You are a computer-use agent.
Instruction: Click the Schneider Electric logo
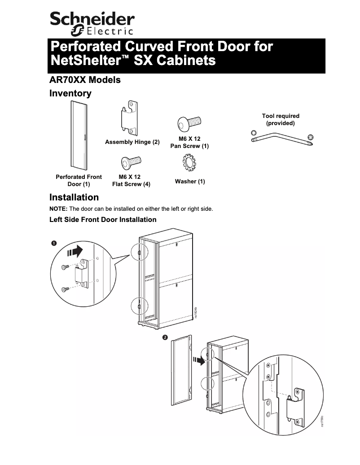92,23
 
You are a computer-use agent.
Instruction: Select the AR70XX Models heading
85,80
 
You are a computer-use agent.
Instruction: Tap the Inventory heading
70,94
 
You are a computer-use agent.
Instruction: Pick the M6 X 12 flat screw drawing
131,162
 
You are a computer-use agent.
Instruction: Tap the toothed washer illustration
189,163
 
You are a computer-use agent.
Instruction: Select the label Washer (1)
190,182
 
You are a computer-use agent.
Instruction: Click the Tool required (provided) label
281,119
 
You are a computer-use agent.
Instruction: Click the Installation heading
74,198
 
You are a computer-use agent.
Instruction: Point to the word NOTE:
58,209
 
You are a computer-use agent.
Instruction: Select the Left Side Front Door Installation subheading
103,220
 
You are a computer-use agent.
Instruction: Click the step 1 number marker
53,243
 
